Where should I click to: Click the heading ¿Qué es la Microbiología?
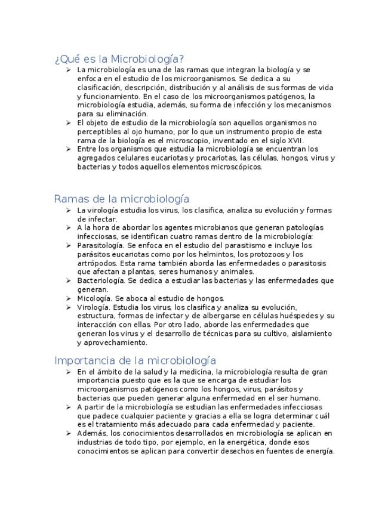coord(119,58)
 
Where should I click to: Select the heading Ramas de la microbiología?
coord(121,199)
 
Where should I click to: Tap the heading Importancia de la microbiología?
coord(135,360)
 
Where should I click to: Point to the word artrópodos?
coord(97,263)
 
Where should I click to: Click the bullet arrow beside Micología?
coord(69,298)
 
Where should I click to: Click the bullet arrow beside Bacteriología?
coord(69,280)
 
